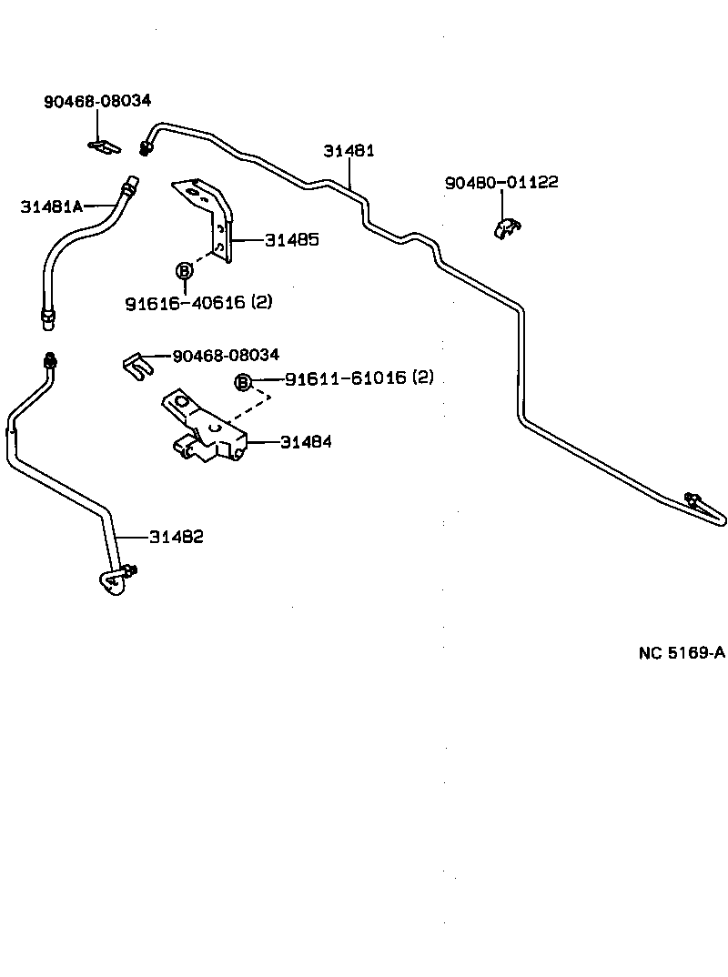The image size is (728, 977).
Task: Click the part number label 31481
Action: [349, 151]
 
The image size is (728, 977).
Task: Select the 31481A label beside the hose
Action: [51, 206]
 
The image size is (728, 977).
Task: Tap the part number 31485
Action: [291, 240]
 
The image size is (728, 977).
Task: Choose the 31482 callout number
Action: [177, 537]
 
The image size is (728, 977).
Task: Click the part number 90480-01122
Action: [501, 183]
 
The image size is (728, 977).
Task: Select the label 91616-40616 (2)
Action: [197, 302]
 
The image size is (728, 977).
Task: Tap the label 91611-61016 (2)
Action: [359, 378]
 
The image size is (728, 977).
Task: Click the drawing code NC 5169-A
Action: [682, 652]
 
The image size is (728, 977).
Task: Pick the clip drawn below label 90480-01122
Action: [505, 228]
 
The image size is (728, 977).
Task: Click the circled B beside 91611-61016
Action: [243, 382]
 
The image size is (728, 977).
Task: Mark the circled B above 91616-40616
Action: [184, 270]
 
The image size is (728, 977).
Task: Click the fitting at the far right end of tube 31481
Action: [694, 499]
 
